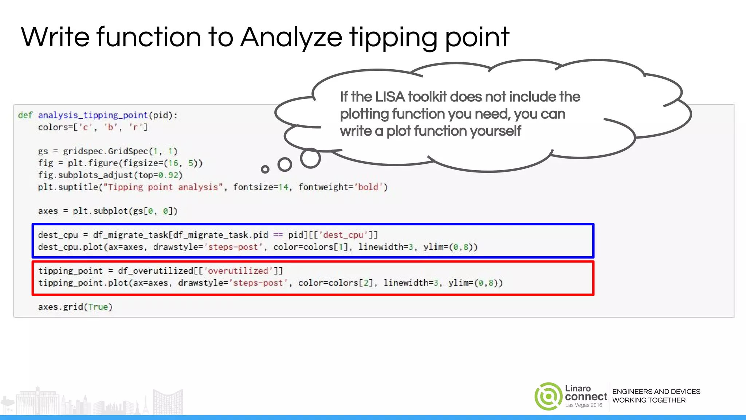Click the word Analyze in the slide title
pyautogui.click(x=291, y=38)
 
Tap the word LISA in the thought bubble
pyautogui.click(x=390, y=97)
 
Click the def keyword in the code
pyautogui.click(x=25, y=115)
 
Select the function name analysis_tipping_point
pyautogui.click(x=93, y=115)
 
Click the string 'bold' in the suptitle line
pyautogui.click(x=368, y=187)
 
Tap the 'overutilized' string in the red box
pyautogui.click(x=238, y=271)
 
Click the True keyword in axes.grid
pyautogui.click(x=98, y=307)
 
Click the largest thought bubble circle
pyautogui.click(x=310, y=158)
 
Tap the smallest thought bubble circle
pyautogui.click(x=265, y=169)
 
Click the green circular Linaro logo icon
pyautogui.click(x=548, y=396)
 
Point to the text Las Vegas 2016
pyautogui.click(x=584, y=405)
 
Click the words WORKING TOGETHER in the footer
pyautogui.click(x=649, y=400)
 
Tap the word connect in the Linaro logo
pyautogui.click(x=586, y=397)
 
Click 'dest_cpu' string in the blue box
pyautogui.click(x=343, y=235)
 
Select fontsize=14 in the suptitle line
pyautogui.click(x=261, y=187)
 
